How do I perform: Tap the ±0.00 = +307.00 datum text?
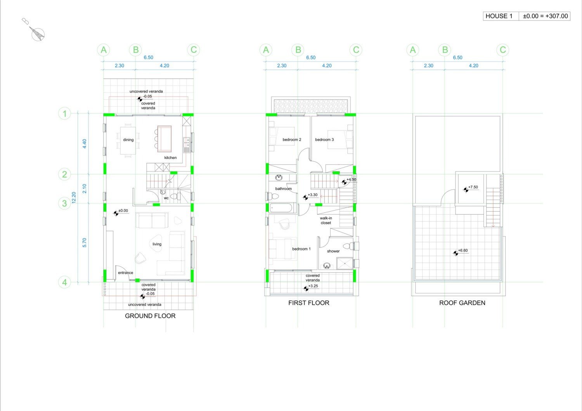[x=545, y=16]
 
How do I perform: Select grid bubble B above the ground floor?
[x=136, y=50]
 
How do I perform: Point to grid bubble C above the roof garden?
[x=503, y=50]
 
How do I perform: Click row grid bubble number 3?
[x=64, y=203]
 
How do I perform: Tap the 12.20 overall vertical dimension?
[x=74, y=198]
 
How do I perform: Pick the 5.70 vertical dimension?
[x=85, y=243]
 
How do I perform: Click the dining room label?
[x=128, y=140]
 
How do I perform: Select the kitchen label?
[x=170, y=157]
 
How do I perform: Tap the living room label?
[x=157, y=244]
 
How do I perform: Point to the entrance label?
[x=125, y=273]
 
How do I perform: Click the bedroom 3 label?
[x=324, y=140]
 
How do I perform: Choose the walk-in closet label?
[x=326, y=221]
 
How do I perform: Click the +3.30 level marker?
[x=310, y=196]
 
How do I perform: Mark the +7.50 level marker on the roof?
[x=471, y=188]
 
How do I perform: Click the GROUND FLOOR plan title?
[x=150, y=316]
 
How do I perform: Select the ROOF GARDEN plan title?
[x=462, y=303]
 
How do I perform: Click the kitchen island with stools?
[x=163, y=139]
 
